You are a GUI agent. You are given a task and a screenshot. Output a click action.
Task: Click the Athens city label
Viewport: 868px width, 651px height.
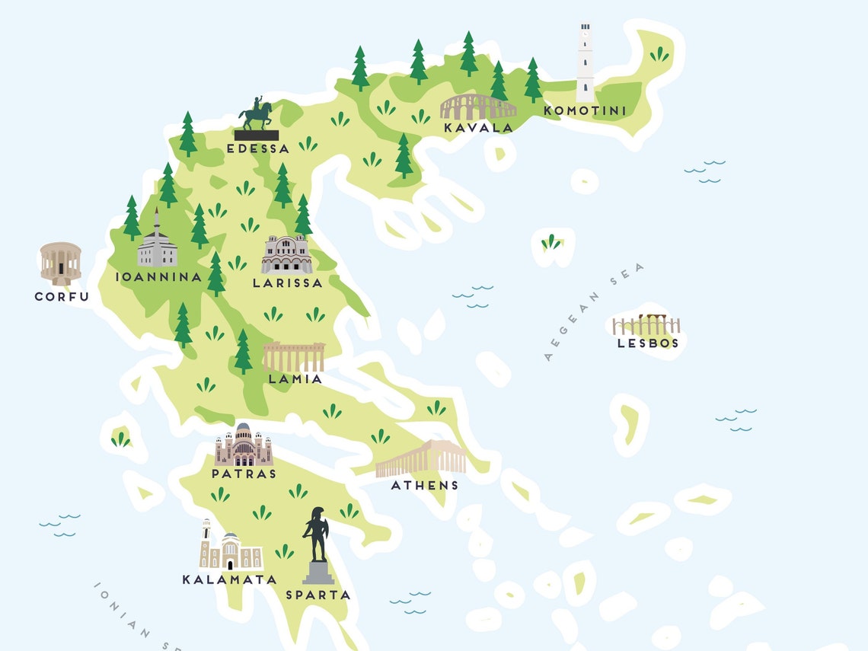coord(425,485)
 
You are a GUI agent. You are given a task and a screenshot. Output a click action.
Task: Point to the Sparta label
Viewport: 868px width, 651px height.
coord(318,595)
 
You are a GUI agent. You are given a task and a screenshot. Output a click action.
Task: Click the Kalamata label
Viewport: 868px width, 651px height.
coord(229,579)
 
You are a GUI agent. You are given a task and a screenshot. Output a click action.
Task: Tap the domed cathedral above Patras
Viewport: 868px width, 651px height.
coord(244,446)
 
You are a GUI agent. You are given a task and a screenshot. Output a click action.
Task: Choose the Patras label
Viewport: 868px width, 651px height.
coord(244,474)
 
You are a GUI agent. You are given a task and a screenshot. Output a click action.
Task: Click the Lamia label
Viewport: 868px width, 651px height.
coord(295,378)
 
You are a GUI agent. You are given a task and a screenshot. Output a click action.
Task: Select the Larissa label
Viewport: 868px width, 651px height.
coord(288,282)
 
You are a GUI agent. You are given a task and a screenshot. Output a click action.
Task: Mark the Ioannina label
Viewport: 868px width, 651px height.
coord(159,277)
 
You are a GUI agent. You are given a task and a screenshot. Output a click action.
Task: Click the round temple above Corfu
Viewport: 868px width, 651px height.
coord(61,263)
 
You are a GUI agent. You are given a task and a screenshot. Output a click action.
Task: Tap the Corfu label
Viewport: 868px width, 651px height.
coord(62,297)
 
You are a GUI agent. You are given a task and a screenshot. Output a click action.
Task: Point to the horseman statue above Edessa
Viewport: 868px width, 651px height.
coord(257,119)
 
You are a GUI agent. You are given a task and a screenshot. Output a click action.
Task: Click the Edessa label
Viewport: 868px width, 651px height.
coord(258,148)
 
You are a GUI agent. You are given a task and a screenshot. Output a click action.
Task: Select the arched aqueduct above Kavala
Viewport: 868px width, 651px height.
coord(477,107)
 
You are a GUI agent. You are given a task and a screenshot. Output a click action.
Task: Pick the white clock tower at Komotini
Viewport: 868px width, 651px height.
coord(585,62)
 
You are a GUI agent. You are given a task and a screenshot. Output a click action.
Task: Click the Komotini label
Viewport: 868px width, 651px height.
coord(585,111)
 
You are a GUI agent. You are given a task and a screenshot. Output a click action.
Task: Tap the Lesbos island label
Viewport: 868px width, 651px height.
coord(648,343)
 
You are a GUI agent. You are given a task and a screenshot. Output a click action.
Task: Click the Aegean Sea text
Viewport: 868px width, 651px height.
coord(594,311)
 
